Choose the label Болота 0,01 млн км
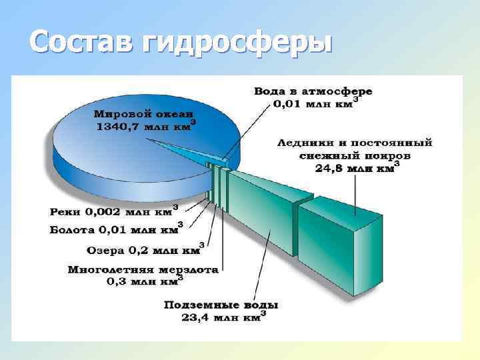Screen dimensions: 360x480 [114, 231]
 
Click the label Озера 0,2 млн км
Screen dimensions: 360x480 [143, 251]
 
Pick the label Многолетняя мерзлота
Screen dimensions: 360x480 [143, 270]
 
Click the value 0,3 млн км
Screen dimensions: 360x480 [142, 282]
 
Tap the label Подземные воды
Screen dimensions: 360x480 [221, 305]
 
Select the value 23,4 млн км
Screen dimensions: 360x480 [221, 317]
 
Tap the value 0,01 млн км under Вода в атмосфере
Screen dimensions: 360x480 [313, 103]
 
